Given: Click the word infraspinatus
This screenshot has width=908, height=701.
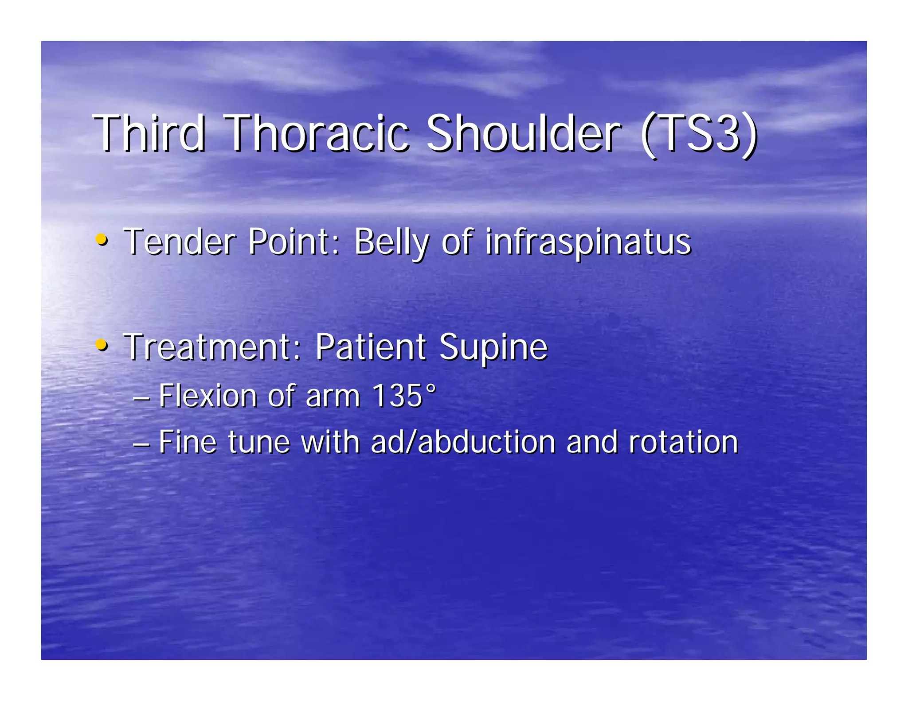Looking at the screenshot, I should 588,243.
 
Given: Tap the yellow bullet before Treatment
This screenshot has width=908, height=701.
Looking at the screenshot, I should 102,344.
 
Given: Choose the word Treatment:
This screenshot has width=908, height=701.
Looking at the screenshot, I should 213,347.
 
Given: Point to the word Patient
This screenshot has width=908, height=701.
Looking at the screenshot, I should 371,347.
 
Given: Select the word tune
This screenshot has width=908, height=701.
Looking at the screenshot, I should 259,442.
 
